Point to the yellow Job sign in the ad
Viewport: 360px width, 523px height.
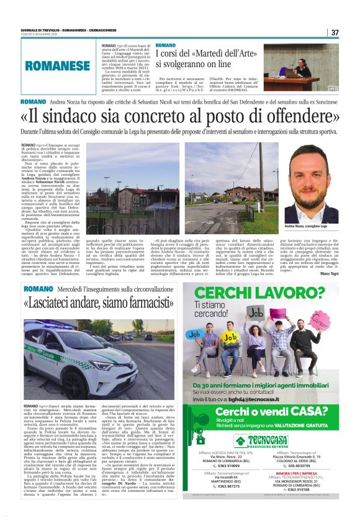pos(231,338)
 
